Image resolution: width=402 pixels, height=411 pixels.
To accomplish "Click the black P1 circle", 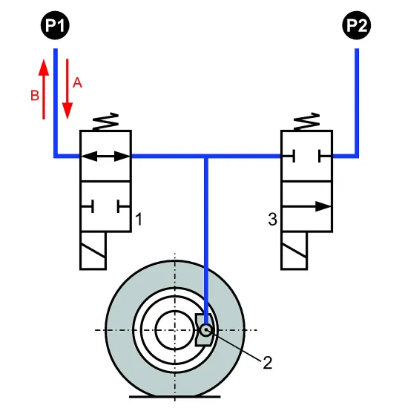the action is pos(55,25).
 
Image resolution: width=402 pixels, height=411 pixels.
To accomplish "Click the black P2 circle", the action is pos(357,25).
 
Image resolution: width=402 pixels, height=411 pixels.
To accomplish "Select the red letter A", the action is pos(77,83).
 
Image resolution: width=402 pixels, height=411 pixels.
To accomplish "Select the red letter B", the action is pos(35,96).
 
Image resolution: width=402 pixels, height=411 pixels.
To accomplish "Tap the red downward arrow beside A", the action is pos(67,89).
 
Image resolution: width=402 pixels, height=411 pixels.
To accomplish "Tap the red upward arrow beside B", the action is pos(44,89).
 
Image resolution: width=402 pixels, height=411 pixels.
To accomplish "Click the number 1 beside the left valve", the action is pos(139,219).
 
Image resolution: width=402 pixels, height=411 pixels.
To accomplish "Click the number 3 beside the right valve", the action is pos(272,219).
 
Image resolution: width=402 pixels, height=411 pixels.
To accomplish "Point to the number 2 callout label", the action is pos(268,363).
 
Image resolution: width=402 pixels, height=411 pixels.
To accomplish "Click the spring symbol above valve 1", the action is pos(105,122).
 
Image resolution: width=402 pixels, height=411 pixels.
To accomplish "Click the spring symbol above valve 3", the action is pos(306,122).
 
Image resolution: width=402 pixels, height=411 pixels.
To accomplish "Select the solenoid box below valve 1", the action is pos(93,251).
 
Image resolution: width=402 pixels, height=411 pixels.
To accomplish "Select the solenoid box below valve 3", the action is pos(294,251).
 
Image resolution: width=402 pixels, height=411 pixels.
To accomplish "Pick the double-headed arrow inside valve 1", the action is pos(105,157).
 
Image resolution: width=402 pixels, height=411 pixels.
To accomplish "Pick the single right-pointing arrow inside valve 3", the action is pos(306,206).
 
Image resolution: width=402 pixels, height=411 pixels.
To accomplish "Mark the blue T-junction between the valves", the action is pos(206,157).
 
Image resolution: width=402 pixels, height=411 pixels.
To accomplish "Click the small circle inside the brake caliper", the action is pos(206,330).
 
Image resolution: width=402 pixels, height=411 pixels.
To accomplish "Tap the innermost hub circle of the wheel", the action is pos(175,311).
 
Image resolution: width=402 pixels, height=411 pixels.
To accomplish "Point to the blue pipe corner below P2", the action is pos(357,157).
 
